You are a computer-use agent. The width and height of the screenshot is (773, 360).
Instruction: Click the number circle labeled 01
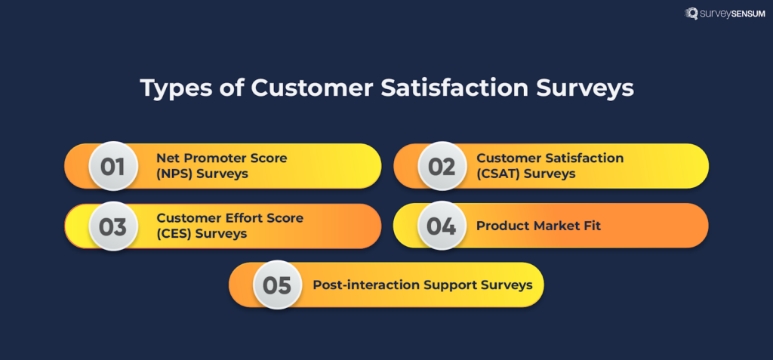click(112, 166)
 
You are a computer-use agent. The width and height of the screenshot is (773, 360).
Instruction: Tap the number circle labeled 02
click(442, 166)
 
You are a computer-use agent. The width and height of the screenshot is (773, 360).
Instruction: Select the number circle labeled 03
click(112, 226)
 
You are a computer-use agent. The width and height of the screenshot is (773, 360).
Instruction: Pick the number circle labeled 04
click(442, 226)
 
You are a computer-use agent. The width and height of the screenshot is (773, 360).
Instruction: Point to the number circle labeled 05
click(277, 285)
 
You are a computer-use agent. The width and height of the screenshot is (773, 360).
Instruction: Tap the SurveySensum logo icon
click(691, 14)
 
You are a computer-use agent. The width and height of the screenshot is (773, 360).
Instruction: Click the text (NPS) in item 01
click(174, 174)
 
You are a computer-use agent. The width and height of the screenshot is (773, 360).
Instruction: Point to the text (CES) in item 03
click(174, 234)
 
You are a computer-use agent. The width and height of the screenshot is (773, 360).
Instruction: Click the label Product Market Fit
click(538, 226)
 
